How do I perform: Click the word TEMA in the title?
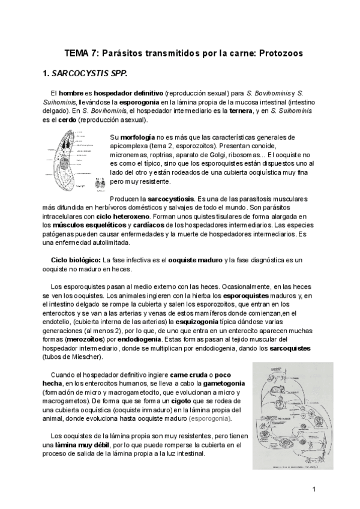click(77, 53)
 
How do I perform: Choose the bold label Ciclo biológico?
click(76, 259)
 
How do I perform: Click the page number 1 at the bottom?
click(314, 489)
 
